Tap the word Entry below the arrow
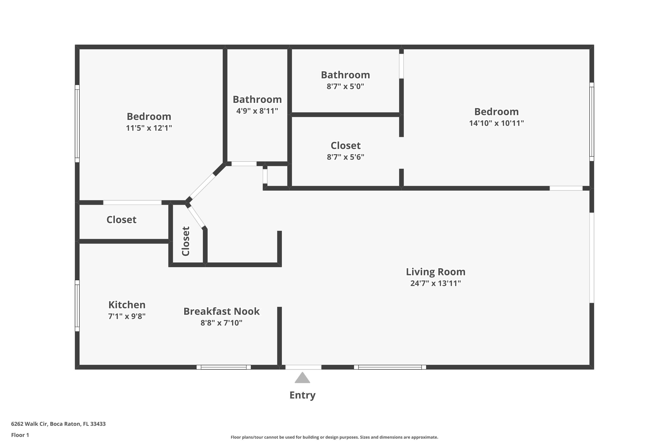[302, 395]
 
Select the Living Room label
[435, 272]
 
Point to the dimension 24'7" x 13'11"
[435, 283]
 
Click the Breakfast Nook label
[221, 311]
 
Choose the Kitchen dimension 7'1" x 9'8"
[127, 316]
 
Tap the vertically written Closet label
[186, 241]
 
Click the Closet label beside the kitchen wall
[122, 220]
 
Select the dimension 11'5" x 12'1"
[149, 128]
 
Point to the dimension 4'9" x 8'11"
[257, 111]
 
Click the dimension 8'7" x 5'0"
[345, 87]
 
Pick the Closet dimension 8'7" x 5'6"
[345, 157]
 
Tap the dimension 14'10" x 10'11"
[496, 123]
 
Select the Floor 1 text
[20, 435]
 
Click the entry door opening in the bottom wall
[303, 367]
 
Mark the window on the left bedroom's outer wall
[77, 124]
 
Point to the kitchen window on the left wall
[77, 306]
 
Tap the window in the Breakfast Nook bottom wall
[224, 367]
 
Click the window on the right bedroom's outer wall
[592, 122]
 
